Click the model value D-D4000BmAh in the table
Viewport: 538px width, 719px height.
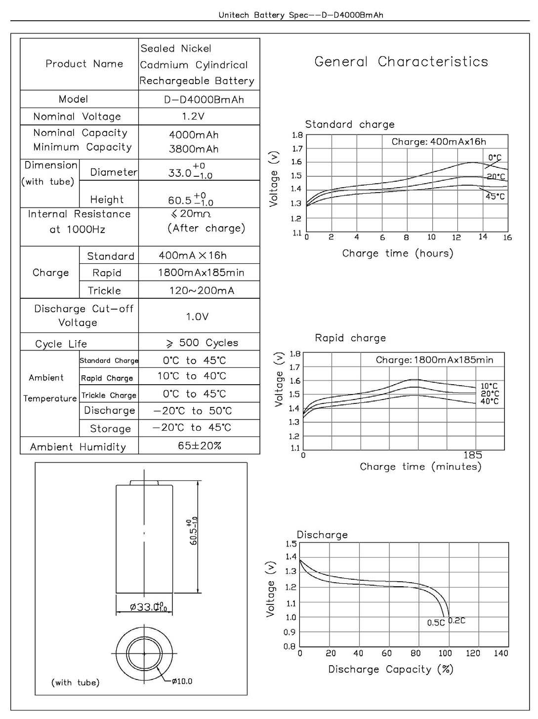[x=204, y=99]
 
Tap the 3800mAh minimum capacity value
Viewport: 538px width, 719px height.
[x=194, y=149]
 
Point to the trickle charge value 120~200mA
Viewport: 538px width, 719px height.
[x=202, y=290]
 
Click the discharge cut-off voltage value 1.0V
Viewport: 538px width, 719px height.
[x=197, y=317]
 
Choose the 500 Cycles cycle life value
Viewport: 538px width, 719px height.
[x=203, y=343]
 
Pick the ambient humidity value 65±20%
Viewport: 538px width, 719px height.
[x=200, y=446]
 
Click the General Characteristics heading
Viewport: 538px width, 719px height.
[x=401, y=62]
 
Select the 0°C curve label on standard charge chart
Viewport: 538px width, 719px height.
[x=495, y=158]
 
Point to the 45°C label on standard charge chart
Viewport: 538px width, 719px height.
[x=495, y=197]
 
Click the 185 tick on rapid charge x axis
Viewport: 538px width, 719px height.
[x=473, y=455]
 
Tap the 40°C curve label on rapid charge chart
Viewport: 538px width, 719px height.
[x=490, y=401]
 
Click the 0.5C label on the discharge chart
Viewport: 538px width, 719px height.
[x=436, y=623]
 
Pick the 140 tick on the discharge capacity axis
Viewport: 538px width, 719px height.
[x=501, y=653]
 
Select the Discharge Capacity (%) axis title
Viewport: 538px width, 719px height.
[x=391, y=670]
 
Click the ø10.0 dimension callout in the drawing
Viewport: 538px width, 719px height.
[x=182, y=681]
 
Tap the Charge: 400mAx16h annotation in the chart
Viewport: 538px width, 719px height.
[x=439, y=142]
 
